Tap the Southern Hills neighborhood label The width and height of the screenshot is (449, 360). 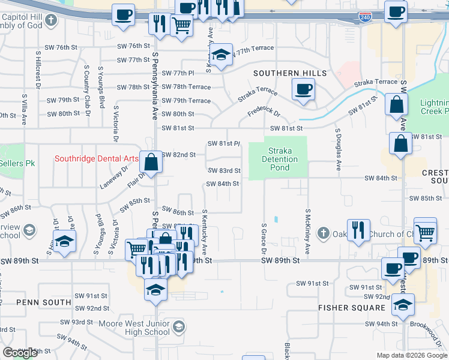pos(289,73)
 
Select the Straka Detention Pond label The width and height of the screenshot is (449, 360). pos(280,159)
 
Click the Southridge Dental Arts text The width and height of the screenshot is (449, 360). pos(96,159)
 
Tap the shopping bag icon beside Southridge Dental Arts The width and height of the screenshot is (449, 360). pos(152,161)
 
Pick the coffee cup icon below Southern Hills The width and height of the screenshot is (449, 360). pos(304,90)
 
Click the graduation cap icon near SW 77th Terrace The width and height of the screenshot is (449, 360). pos(221,56)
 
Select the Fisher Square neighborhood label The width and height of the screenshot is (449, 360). pos(352,308)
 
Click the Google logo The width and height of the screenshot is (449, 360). pos(20,353)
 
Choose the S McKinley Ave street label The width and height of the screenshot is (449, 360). pos(307,232)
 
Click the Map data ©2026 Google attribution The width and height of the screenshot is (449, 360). pos(412,355)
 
